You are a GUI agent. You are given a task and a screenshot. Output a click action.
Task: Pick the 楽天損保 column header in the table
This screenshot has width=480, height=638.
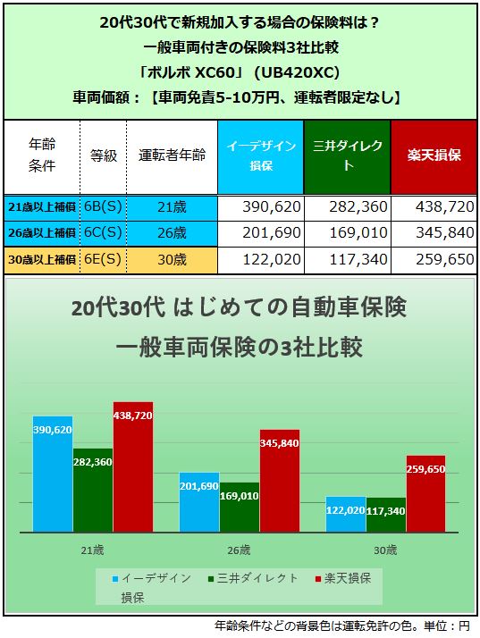(x=433, y=155)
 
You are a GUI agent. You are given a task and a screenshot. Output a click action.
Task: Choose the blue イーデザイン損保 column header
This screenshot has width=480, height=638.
(x=259, y=155)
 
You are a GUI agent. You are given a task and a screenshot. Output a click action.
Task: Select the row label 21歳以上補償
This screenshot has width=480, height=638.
(x=41, y=206)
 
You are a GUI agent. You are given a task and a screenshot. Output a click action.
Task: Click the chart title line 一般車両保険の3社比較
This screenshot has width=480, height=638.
(x=240, y=348)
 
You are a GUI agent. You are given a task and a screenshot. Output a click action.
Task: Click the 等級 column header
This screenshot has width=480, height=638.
(x=104, y=155)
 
